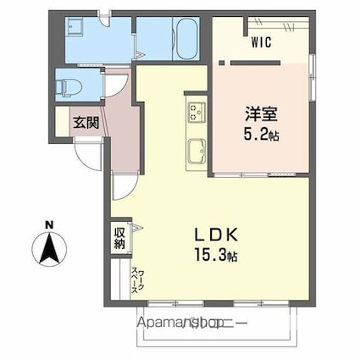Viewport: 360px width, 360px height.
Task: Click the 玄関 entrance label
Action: tap(84, 122)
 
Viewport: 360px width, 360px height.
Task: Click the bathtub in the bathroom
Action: tap(186, 38)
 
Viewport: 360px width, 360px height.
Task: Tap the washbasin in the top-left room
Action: tap(71, 27)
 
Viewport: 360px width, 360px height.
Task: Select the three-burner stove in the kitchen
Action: tap(197, 112)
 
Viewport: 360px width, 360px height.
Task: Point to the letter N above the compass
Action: tap(49, 224)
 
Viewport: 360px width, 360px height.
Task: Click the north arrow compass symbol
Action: tap(49, 249)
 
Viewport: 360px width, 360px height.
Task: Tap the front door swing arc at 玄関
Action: tap(86, 156)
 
